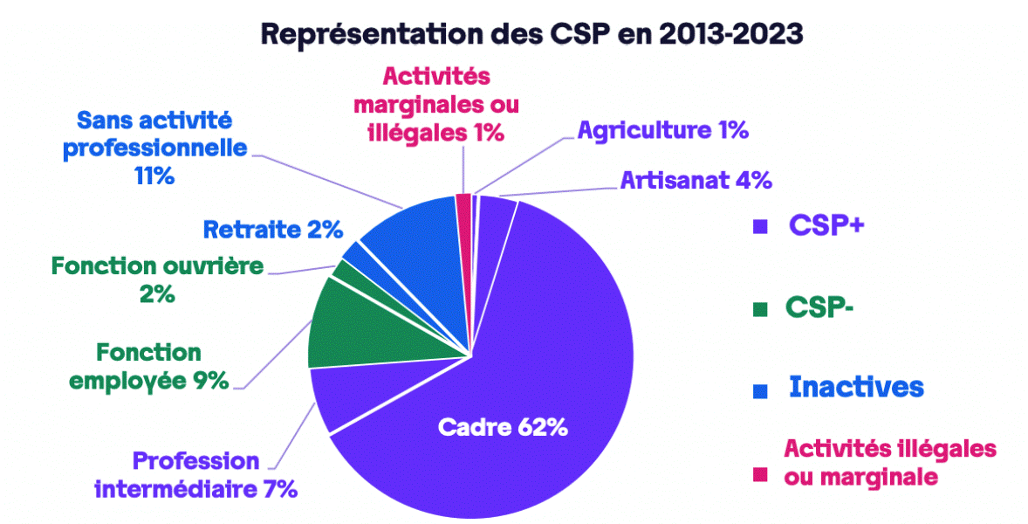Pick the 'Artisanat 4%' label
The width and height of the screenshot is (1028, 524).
click(x=696, y=181)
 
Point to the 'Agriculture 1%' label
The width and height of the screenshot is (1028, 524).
click(x=663, y=131)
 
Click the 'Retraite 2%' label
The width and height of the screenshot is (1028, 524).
click(x=272, y=230)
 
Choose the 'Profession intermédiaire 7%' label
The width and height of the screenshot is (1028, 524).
click(x=196, y=474)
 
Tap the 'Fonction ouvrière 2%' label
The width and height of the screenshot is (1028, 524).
click(x=157, y=279)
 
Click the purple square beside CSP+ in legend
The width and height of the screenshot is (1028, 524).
click(x=759, y=226)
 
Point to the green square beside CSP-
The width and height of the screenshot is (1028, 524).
click(x=759, y=307)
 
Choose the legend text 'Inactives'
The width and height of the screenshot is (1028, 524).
click(x=856, y=387)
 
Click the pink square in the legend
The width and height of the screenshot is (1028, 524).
click(x=759, y=474)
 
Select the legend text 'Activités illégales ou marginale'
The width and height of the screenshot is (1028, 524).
click(x=890, y=463)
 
